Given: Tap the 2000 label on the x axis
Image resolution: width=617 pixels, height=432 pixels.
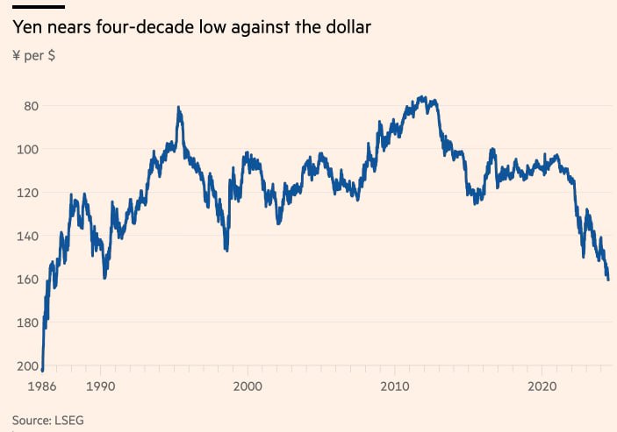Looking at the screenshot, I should click(x=248, y=386).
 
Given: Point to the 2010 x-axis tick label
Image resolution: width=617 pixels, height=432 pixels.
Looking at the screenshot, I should click(x=395, y=386).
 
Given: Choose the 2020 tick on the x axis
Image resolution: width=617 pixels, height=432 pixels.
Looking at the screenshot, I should click(x=542, y=386).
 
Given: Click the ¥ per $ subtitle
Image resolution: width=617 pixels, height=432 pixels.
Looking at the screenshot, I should click(x=32, y=56).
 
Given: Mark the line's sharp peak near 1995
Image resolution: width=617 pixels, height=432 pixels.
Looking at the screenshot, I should click(x=179, y=108).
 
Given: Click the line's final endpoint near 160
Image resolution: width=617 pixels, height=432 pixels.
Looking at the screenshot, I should click(x=608, y=280).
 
